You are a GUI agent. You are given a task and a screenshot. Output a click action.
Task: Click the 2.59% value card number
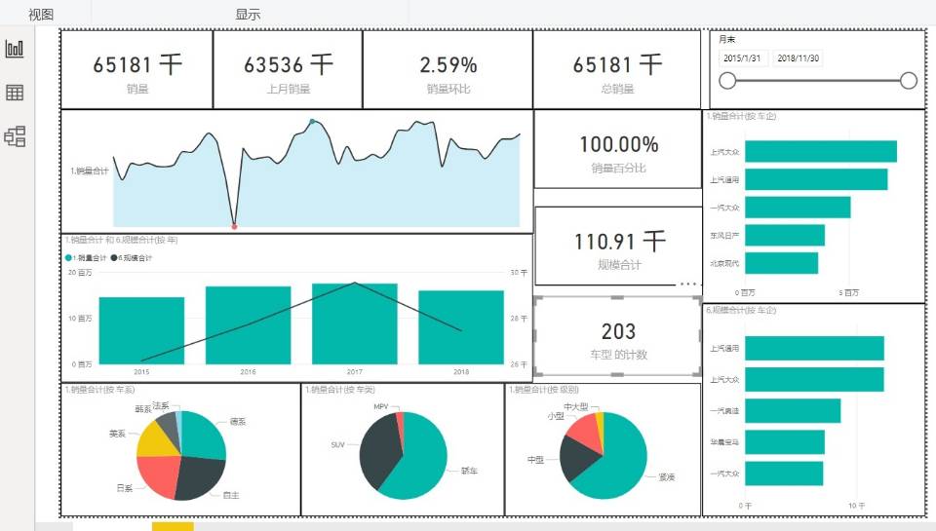coord(448,65)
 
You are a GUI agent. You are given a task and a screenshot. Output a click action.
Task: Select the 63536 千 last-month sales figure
coord(288,65)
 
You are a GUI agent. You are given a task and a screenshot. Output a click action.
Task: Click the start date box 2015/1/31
coord(743,58)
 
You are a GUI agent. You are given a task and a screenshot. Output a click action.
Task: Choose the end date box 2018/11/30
coord(799,58)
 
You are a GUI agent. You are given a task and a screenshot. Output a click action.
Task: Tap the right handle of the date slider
coord(909,81)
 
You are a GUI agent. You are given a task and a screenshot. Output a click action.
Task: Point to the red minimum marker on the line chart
coord(234,226)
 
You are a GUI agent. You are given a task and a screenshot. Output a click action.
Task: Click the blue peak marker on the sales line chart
coord(312,122)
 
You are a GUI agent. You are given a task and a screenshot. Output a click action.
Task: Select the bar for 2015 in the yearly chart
coord(141,330)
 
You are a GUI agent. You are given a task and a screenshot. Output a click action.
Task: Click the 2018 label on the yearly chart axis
coord(461,372)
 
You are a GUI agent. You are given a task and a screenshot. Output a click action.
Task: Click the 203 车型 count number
coord(618,332)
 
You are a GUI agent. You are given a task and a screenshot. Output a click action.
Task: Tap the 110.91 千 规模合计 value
coord(619,241)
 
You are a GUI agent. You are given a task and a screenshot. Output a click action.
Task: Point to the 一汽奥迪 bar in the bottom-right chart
coord(791,411)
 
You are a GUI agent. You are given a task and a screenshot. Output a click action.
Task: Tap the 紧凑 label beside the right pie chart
coord(667,477)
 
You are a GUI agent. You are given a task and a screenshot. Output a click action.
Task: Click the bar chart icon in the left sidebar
coord(15,49)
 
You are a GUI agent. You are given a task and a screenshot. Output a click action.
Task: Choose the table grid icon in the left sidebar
coord(15,93)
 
